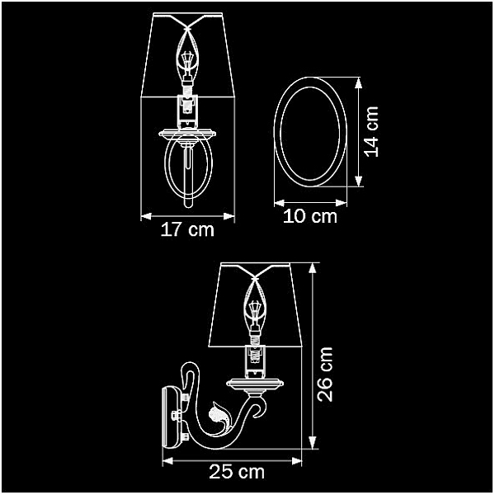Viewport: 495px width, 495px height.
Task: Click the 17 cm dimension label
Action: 187,229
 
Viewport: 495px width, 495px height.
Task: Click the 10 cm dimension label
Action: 310,216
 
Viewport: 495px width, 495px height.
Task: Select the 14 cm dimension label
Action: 371,132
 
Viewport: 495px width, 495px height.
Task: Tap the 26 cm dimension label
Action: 325,375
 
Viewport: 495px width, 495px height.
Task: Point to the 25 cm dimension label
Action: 237,472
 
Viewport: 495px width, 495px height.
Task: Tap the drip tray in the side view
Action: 255,384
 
